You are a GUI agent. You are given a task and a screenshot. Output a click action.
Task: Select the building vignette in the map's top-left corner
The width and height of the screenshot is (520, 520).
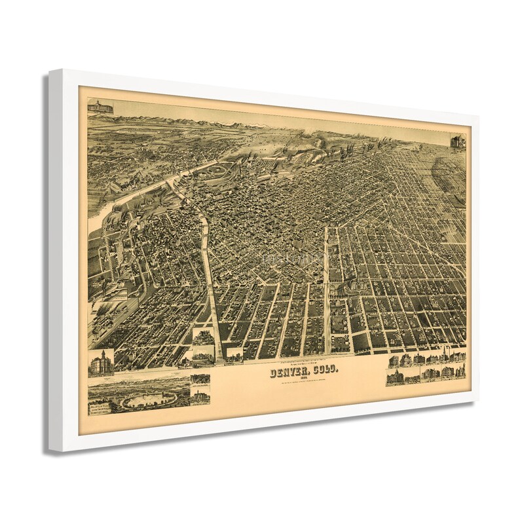100,106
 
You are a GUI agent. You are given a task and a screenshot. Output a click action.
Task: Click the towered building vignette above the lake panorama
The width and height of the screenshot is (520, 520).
101,363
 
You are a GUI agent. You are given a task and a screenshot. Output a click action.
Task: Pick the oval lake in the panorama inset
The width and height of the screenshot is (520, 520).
149,399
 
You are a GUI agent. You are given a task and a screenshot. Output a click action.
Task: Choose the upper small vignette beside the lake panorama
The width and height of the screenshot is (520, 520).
200,379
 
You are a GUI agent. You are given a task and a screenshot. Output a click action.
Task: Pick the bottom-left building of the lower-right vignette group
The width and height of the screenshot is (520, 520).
396,378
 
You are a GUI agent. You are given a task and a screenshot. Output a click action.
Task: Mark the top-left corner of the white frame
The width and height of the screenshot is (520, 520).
51,70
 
